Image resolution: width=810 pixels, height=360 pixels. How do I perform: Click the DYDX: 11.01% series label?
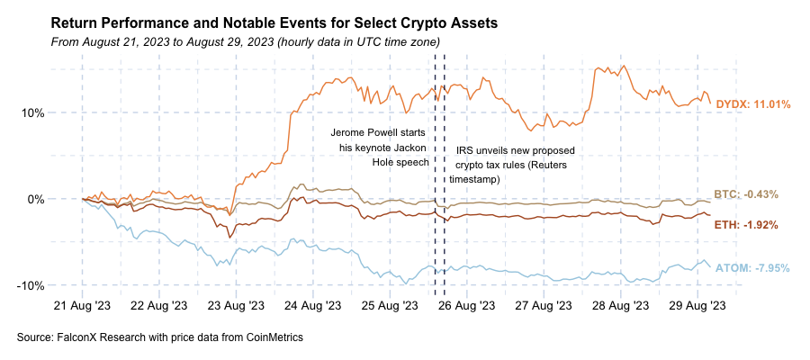click(752, 104)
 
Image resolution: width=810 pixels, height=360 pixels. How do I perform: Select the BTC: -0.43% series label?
click(746, 194)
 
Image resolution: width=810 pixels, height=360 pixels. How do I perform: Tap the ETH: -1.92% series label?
click(746, 224)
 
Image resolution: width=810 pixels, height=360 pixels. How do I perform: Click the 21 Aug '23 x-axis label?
click(83, 306)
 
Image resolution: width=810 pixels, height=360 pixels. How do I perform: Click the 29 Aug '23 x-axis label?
click(696, 306)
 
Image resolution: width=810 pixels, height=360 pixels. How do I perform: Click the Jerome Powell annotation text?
click(379, 148)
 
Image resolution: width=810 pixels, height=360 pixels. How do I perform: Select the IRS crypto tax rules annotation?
click(509, 165)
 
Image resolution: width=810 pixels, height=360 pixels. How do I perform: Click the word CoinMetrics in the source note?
click(272, 337)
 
